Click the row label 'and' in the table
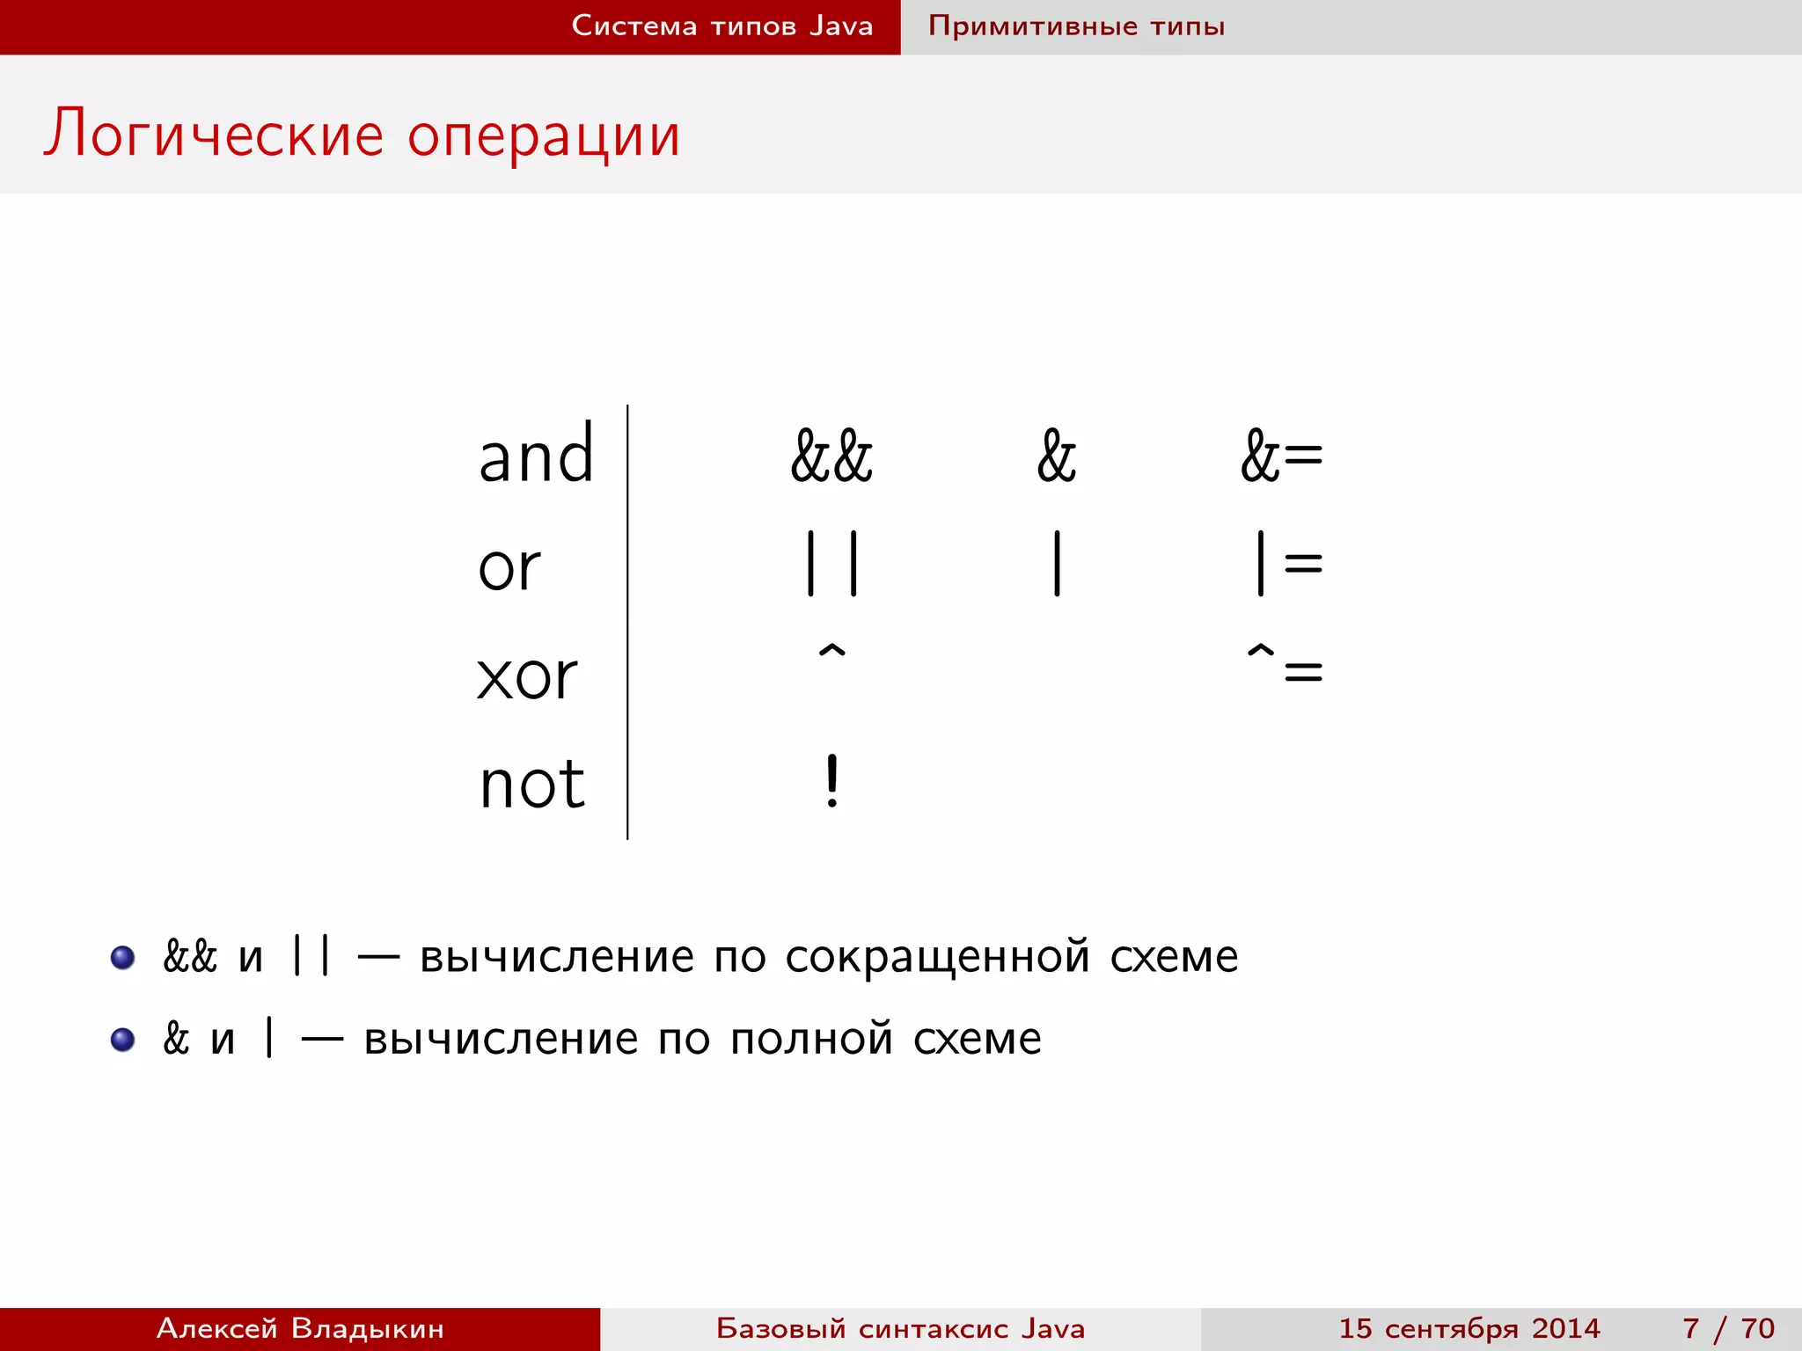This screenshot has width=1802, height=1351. [x=536, y=456]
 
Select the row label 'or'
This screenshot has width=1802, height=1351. [x=509, y=566]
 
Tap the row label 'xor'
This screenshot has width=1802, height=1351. [x=526, y=676]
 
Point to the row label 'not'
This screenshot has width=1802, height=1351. [x=532, y=784]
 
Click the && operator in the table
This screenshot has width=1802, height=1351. [x=831, y=456]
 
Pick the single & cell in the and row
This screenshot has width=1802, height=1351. [x=1056, y=456]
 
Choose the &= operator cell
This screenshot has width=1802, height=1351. [x=1281, y=456]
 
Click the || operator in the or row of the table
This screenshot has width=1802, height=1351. [x=831, y=563]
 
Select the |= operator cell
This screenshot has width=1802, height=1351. [x=1288, y=563]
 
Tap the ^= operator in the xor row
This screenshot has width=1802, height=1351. [x=1285, y=665]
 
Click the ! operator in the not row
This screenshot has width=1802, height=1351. [x=831, y=781]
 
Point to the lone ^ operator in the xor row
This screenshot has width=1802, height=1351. [x=831, y=653]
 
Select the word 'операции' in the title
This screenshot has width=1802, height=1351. [x=544, y=137]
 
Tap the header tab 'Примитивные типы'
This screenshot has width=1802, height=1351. [x=1076, y=26]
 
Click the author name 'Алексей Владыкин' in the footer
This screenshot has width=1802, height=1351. [x=300, y=1328]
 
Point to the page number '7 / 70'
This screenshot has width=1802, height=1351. [x=1728, y=1328]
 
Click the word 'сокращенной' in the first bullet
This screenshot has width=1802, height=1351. [x=937, y=957]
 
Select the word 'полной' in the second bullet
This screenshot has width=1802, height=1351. [x=811, y=1040]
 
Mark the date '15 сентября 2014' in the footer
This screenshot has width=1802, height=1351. [x=1469, y=1328]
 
